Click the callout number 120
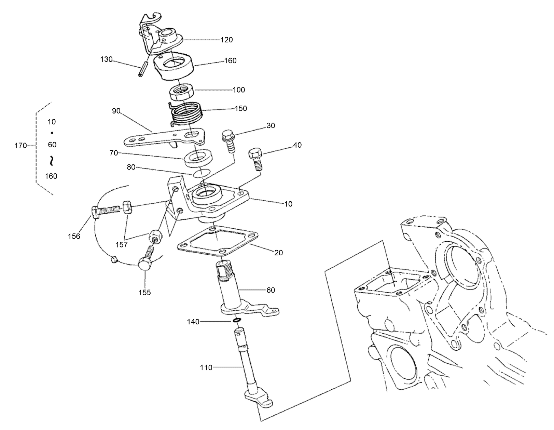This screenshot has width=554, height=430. (x=226, y=40)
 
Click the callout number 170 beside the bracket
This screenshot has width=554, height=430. (x=20, y=146)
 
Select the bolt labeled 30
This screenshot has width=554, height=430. (x=228, y=140)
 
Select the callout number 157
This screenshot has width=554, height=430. (x=122, y=245)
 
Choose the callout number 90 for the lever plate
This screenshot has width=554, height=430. (x=116, y=111)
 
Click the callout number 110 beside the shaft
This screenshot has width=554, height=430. (x=206, y=367)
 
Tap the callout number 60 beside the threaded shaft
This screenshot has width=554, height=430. (x=271, y=290)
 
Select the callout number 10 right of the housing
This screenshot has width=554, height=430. (x=288, y=204)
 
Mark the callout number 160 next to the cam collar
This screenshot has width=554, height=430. (x=230, y=61)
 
